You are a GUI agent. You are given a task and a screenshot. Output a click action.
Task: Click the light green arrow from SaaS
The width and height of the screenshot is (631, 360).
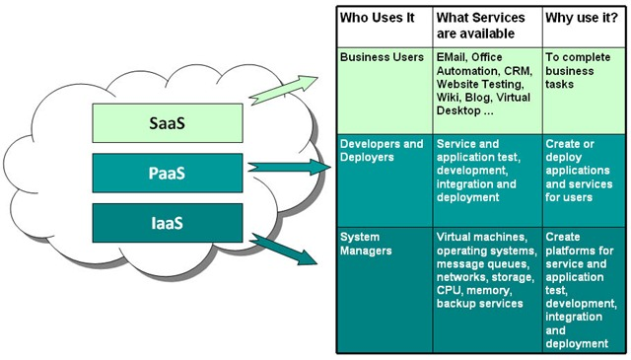pos(286,90)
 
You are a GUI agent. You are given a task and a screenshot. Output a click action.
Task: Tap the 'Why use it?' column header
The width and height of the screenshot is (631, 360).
pos(583,18)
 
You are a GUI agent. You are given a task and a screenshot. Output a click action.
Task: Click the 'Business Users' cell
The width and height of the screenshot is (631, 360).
pos(383,57)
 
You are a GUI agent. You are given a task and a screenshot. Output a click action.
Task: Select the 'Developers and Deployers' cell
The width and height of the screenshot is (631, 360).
pos(382,150)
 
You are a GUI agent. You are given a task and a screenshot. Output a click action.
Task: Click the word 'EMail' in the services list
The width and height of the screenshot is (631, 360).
pos(456,57)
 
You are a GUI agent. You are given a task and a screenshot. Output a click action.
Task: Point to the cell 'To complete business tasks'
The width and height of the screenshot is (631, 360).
pos(578,71)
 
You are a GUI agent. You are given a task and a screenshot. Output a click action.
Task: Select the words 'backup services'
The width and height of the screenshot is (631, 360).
pos(480,304)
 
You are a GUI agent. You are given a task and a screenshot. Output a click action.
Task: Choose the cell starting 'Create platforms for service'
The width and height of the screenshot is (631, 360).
pos(581,290)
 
